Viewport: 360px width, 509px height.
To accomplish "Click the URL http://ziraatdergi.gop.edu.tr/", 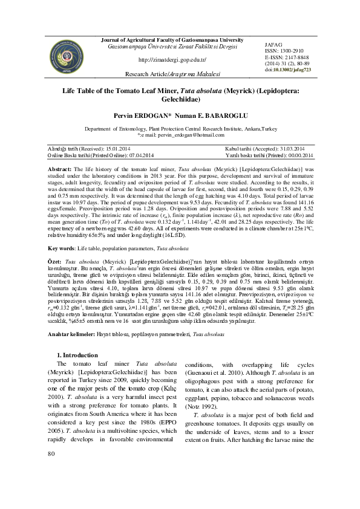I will tap(172, 60).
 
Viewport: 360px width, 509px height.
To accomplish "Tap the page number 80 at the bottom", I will tap(51, 488).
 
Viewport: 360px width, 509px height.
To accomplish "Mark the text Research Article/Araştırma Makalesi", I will tap(172, 73).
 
